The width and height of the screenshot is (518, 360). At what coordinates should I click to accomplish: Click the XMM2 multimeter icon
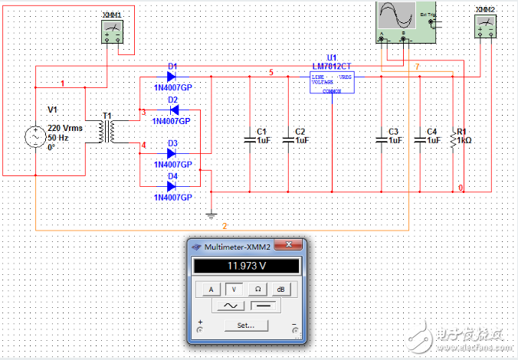[x=484, y=26]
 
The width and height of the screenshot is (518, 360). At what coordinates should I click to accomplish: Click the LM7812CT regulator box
[x=331, y=83]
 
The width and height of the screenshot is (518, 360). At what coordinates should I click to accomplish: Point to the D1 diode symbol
[x=172, y=77]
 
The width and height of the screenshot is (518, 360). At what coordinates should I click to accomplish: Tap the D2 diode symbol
[x=172, y=110]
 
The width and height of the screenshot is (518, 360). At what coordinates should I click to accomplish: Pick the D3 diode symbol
[x=172, y=153]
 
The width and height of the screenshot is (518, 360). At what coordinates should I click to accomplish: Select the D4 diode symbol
[x=172, y=186]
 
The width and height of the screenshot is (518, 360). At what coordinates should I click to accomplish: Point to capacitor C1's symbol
[x=250, y=139]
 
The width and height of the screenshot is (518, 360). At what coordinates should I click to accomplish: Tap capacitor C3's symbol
[x=382, y=139]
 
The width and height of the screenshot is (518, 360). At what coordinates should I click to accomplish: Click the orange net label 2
[x=225, y=226]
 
